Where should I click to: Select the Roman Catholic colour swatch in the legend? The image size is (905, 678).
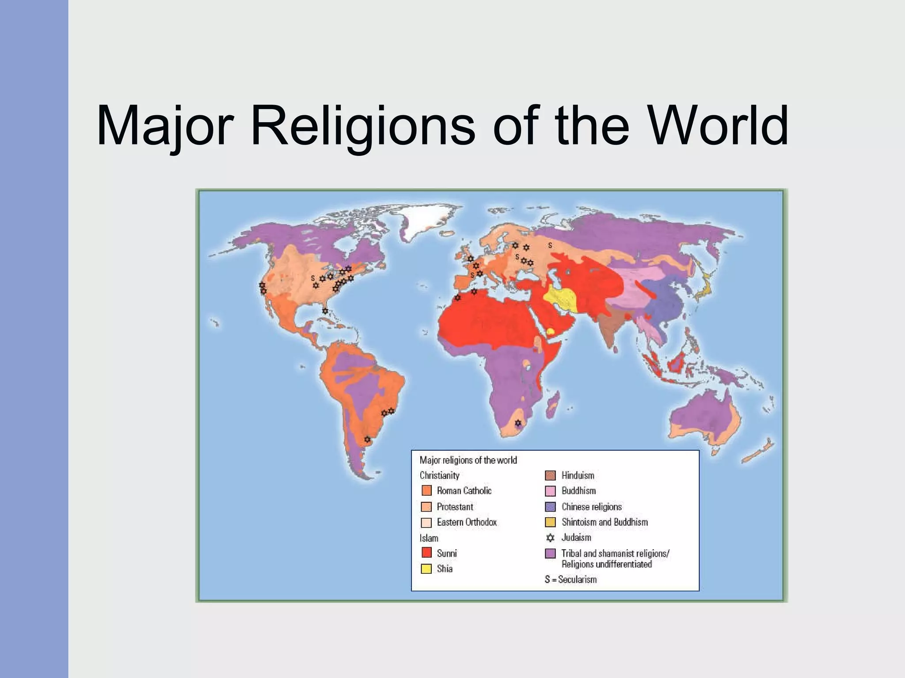pyautogui.click(x=426, y=490)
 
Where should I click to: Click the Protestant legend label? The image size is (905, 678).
pyautogui.click(x=455, y=507)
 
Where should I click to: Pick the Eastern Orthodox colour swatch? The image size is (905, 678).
pyautogui.click(x=426, y=523)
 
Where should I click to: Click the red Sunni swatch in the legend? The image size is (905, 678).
pyautogui.click(x=426, y=553)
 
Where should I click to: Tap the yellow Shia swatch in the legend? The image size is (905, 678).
pyautogui.click(x=426, y=569)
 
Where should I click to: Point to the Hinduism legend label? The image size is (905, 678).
pyautogui.click(x=578, y=475)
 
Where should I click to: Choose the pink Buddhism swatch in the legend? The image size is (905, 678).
pyautogui.click(x=550, y=491)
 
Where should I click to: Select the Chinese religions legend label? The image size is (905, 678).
pyautogui.click(x=591, y=507)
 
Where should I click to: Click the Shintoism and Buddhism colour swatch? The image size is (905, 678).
pyautogui.click(x=550, y=522)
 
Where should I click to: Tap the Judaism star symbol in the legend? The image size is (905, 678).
pyautogui.click(x=550, y=538)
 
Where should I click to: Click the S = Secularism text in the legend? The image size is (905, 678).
pyautogui.click(x=570, y=580)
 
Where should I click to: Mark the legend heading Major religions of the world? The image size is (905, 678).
pyautogui.click(x=468, y=460)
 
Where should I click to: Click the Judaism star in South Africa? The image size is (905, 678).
pyautogui.click(x=518, y=423)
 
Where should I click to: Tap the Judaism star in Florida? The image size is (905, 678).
pyautogui.click(x=325, y=311)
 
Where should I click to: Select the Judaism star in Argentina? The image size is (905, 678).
pyautogui.click(x=367, y=440)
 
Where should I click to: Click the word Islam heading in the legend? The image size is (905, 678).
pyautogui.click(x=429, y=538)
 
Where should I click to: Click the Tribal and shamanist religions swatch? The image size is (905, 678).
pyautogui.click(x=550, y=554)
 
